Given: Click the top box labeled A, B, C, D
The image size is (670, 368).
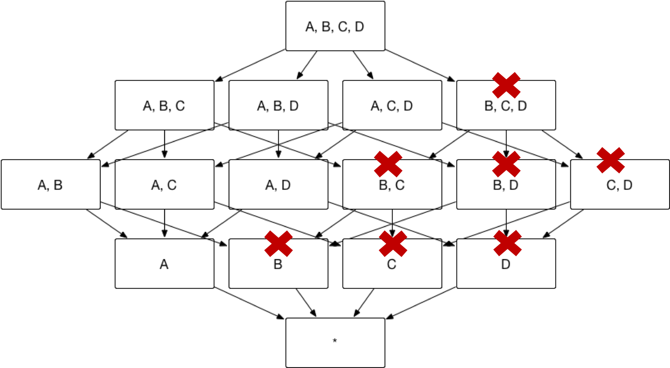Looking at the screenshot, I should pos(335,26).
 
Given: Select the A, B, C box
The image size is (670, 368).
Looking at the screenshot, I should pos(164,105).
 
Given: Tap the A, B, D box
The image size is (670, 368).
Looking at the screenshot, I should pos(278,105).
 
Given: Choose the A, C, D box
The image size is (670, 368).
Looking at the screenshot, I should pos(392,105).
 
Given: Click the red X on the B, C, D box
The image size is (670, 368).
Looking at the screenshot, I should pos(506,85).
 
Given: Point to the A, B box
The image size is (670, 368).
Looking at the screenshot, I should pos(50,184).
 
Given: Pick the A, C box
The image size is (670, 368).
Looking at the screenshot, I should pos(164,184).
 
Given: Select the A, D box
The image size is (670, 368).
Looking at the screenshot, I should pos(278,184).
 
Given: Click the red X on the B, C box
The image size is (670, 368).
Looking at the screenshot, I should pos(388,164).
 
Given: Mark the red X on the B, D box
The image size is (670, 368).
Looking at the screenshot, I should pos(506,164).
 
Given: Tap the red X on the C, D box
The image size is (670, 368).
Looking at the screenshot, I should pos(610,160).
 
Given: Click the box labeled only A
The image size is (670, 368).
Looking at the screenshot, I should pos(164,264).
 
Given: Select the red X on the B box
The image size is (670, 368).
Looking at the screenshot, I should pos(279,244).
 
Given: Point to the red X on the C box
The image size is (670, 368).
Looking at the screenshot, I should pos(393,244).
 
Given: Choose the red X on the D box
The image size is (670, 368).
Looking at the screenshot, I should pos(508,243).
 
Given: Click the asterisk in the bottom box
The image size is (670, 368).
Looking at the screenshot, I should pos(335,340).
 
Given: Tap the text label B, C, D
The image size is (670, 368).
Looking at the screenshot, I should pos(506,106).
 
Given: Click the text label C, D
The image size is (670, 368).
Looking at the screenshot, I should pos(619,185).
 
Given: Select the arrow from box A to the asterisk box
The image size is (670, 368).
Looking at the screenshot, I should pos(249,303).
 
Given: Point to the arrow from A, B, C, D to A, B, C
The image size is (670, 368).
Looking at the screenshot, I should pos(250,65).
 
